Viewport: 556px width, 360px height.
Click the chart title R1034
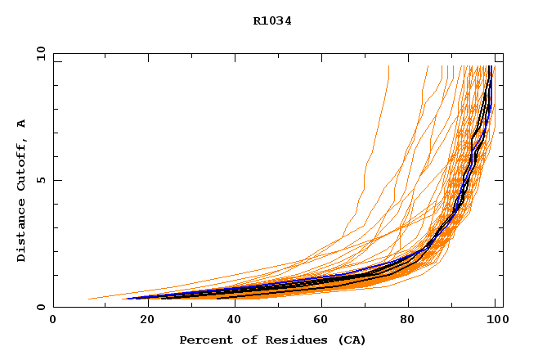coord(272,21)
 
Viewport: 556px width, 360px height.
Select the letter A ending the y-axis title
coord(22,124)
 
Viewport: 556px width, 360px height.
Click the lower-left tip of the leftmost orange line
coord(88,299)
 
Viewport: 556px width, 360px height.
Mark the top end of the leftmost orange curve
coord(388,66)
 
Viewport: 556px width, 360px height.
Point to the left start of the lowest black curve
coord(217,299)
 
